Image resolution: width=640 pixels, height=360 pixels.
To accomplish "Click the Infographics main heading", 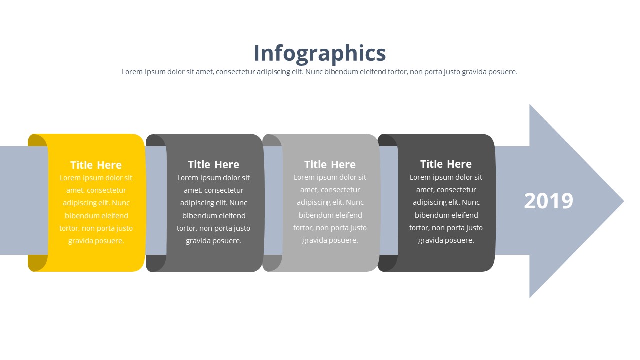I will pyautogui.click(x=319, y=53).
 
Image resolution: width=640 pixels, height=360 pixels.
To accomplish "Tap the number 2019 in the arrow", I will pyautogui.click(x=548, y=201).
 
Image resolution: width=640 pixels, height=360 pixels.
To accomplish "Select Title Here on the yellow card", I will pyautogui.click(x=96, y=165).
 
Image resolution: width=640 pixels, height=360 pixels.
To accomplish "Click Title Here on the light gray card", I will pyautogui.click(x=330, y=164).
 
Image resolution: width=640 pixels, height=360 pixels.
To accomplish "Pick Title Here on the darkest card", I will pyautogui.click(x=446, y=164).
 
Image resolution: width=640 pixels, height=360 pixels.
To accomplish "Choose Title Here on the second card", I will pyautogui.click(x=213, y=164).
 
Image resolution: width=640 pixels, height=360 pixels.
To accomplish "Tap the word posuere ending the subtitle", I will pyautogui.click(x=502, y=72).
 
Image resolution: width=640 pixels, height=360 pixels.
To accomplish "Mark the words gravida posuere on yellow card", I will pyautogui.click(x=96, y=241).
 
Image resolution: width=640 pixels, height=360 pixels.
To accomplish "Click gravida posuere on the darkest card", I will pyautogui.click(x=446, y=240).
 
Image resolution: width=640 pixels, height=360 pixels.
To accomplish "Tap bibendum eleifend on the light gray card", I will pyautogui.click(x=330, y=215).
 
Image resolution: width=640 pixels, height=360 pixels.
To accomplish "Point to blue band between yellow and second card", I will pyautogui.click(x=156, y=200).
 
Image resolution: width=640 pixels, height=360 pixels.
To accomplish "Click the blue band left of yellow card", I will pyautogui.click(x=14, y=200).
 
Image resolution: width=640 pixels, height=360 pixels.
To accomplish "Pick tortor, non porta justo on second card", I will pyautogui.click(x=213, y=228).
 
